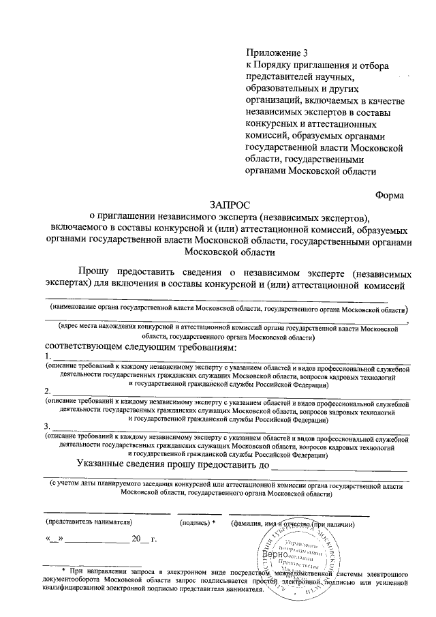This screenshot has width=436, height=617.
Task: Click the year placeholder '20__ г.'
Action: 144,541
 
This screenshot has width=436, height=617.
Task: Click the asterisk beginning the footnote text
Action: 63,570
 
